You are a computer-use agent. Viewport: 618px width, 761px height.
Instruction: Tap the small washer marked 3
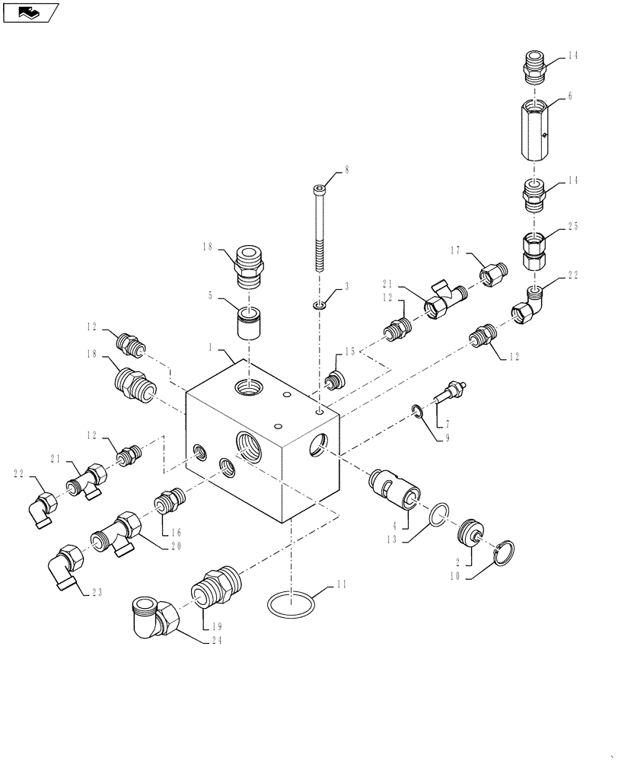click(320, 306)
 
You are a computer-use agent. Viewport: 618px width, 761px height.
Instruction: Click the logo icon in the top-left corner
click(31, 12)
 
